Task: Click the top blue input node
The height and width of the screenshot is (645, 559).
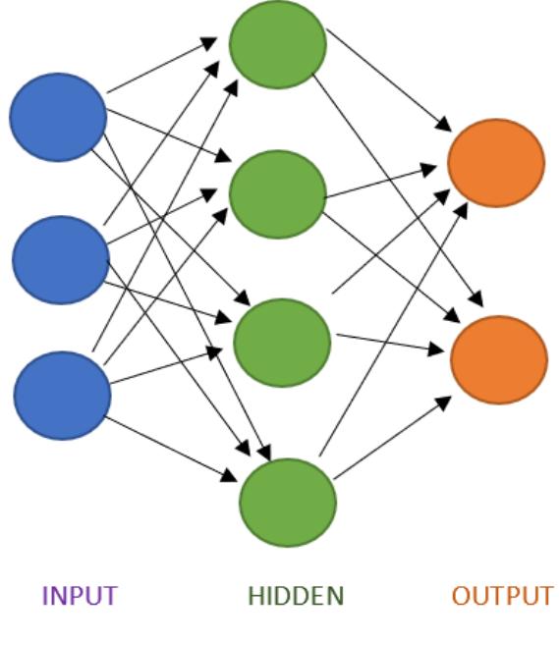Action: click(x=58, y=117)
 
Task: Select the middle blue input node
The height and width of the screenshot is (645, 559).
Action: click(x=60, y=260)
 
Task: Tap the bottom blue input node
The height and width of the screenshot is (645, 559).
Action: click(x=62, y=395)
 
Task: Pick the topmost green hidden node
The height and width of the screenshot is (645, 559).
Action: click(x=277, y=44)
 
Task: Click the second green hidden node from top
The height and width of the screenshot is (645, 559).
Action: click(x=277, y=194)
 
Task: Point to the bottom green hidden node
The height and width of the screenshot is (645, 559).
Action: click(x=287, y=502)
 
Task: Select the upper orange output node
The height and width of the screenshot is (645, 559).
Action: click(x=495, y=163)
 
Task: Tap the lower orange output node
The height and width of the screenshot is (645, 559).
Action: click(x=498, y=359)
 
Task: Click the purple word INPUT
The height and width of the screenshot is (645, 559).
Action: click(x=80, y=596)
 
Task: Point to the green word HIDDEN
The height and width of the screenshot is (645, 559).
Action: click(x=296, y=596)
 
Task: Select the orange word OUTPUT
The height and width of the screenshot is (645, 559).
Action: click(x=502, y=596)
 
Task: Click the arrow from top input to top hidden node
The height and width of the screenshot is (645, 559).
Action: click(x=162, y=66)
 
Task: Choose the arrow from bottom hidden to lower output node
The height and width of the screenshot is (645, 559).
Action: click(x=393, y=438)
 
